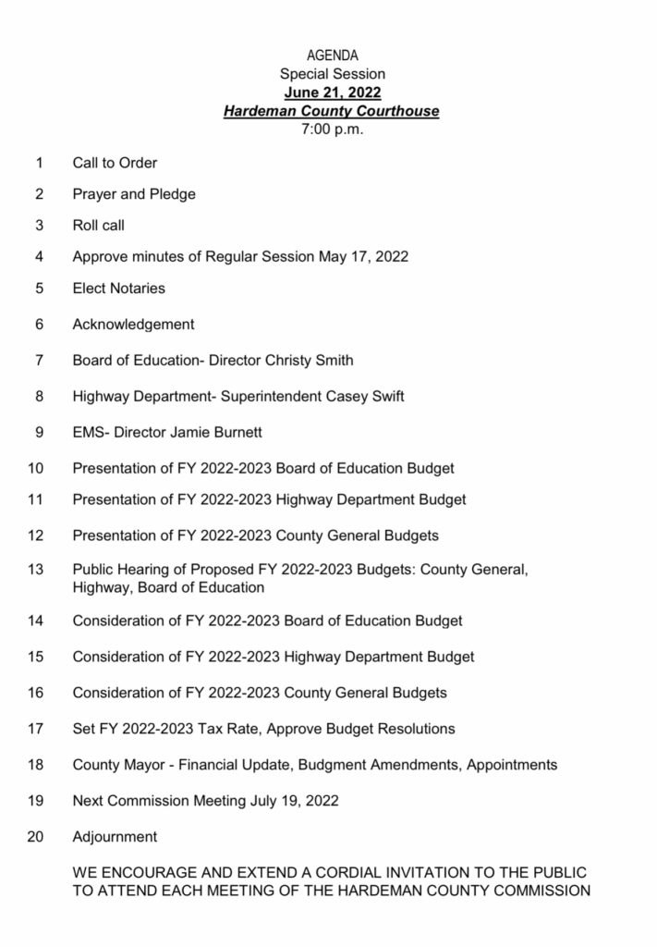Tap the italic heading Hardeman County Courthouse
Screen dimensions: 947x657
coord(332,112)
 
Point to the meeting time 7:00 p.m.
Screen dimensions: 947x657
coord(332,130)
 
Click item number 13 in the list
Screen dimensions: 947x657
coord(36,570)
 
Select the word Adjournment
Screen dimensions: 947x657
coord(115,837)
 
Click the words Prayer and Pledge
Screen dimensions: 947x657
coord(134,194)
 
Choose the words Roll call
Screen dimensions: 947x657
coord(99,225)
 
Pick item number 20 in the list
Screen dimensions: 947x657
coord(36,837)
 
